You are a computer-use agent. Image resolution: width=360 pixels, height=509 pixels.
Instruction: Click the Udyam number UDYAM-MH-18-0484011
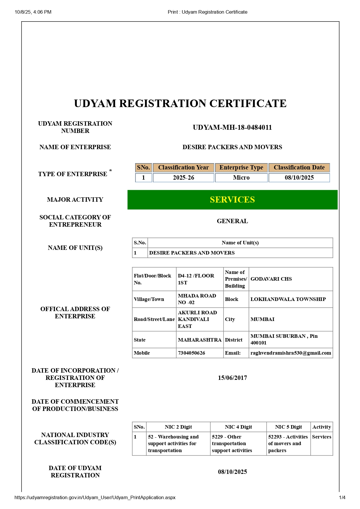232,127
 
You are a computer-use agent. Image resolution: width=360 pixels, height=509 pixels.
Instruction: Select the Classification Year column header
183,167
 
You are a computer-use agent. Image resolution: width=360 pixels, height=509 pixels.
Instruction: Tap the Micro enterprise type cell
241,178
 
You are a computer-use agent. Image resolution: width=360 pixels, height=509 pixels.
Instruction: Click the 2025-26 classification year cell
183,178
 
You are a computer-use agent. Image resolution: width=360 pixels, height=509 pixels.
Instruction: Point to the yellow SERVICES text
232,200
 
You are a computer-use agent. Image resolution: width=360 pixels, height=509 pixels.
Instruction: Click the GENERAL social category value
232,221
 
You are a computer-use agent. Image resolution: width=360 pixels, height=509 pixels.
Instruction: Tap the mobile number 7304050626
192,353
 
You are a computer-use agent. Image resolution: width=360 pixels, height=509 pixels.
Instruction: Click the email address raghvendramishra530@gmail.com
291,353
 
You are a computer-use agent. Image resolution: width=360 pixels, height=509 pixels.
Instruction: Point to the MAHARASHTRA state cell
200,340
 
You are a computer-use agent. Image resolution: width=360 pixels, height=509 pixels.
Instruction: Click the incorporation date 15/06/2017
232,378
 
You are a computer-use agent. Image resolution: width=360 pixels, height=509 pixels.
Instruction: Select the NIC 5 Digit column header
288,427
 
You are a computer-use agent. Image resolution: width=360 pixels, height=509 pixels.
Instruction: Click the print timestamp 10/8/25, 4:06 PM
33,12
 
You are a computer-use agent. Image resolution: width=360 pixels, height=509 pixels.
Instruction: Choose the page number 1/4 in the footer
342,497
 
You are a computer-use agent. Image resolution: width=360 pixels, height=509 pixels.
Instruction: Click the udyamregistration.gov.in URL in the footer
95,497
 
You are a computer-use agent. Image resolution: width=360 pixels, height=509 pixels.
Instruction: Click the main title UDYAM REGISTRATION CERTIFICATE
180,104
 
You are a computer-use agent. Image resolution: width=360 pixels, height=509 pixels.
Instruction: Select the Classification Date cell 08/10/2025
299,178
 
